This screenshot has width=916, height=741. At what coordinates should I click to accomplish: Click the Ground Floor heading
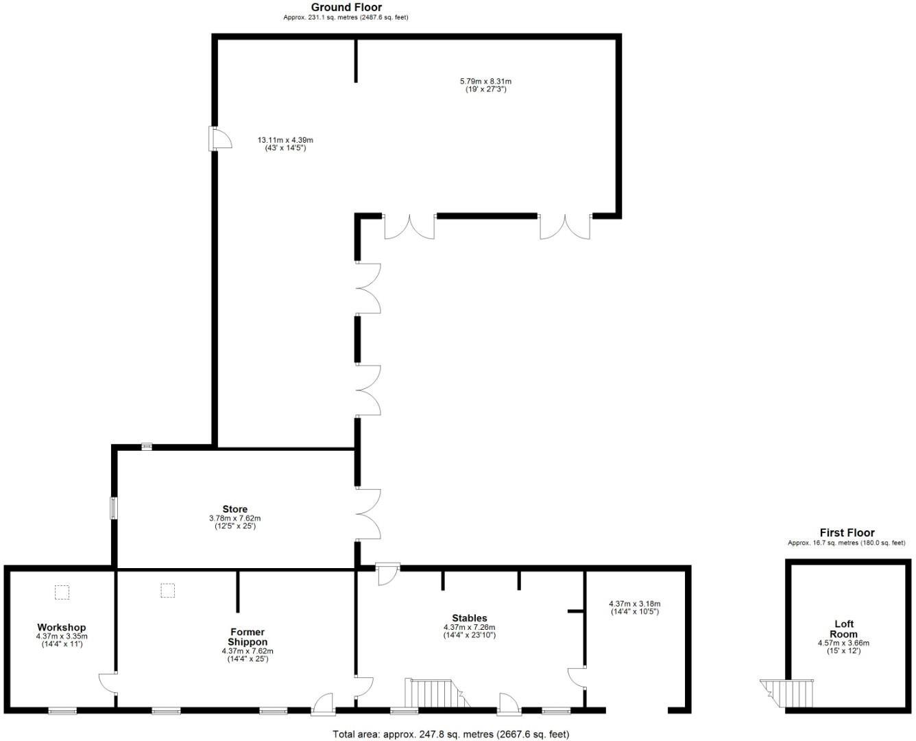[x=346, y=8]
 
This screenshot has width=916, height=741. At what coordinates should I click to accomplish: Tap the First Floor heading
[x=847, y=533]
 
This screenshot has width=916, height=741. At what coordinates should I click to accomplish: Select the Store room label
[x=234, y=509]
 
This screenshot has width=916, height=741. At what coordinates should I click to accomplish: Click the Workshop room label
[x=62, y=627]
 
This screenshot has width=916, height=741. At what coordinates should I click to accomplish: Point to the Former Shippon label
[x=248, y=637]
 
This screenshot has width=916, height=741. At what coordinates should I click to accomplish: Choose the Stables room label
[x=470, y=618]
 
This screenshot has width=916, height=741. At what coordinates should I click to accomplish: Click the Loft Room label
[x=843, y=629]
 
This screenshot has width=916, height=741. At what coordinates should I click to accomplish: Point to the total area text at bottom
[x=450, y=734]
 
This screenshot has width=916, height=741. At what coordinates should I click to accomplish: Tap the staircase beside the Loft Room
[x=788, y=693]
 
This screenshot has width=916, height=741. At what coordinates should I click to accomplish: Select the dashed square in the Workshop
[x=62, y=591]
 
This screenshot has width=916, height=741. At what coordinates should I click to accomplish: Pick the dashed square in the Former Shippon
[x=168, y=590]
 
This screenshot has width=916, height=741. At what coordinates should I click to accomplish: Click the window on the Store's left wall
[x=114, y=508]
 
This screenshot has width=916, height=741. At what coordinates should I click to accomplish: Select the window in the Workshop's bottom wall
[x=62, y=711]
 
